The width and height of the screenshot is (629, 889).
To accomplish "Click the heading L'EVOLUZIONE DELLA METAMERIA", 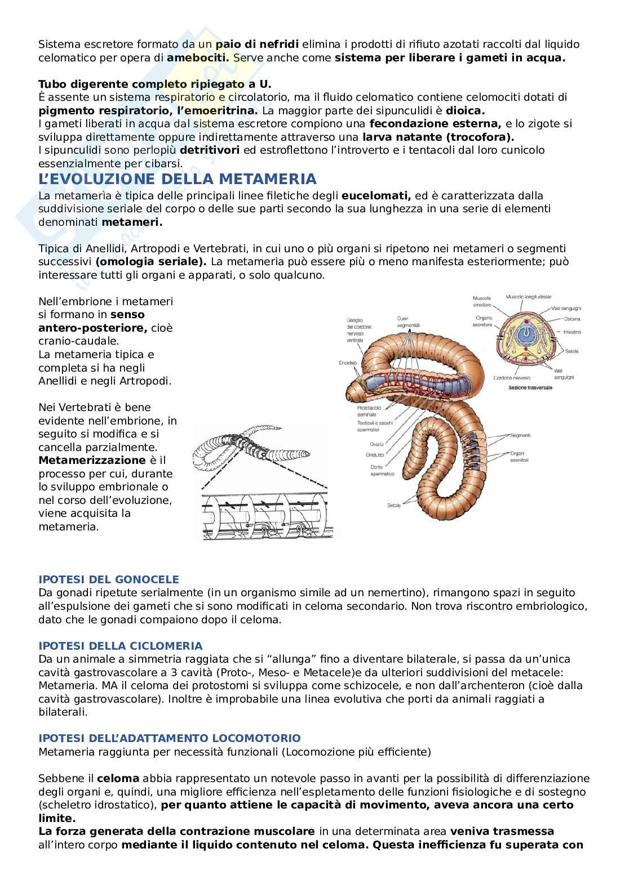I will (178, 180).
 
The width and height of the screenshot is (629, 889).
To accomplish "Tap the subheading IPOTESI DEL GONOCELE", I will (108, 579).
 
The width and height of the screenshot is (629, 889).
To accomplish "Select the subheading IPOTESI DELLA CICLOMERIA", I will (120, 646).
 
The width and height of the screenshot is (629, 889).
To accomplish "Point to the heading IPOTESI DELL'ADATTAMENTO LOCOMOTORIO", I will (169, 738).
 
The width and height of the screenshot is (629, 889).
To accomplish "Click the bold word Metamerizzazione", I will (84, 461).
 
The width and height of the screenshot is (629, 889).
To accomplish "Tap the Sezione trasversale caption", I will (530, 388).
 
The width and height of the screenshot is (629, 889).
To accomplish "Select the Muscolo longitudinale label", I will (529, 296).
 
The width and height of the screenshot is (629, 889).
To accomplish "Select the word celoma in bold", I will (118, 779).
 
